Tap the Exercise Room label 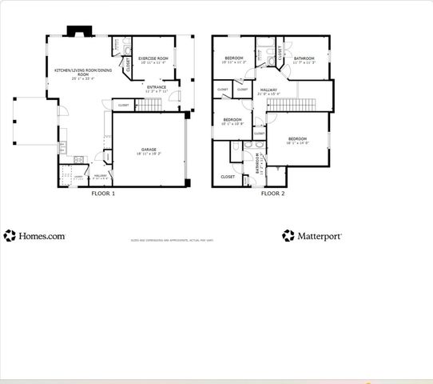point(153,59)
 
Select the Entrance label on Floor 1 point(157,87)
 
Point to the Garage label point(149,150)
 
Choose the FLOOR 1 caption point(103,193)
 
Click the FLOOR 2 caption point(273,193)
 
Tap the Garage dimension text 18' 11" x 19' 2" point(149,154)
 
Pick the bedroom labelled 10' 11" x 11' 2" point(234,59)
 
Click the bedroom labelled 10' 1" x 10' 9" point(232,122)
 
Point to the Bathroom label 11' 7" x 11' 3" point(304,59)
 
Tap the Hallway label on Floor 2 point(268,90)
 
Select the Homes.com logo point(35,235)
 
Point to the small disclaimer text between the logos point(176,239)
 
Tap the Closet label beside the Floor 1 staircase point(123,105)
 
